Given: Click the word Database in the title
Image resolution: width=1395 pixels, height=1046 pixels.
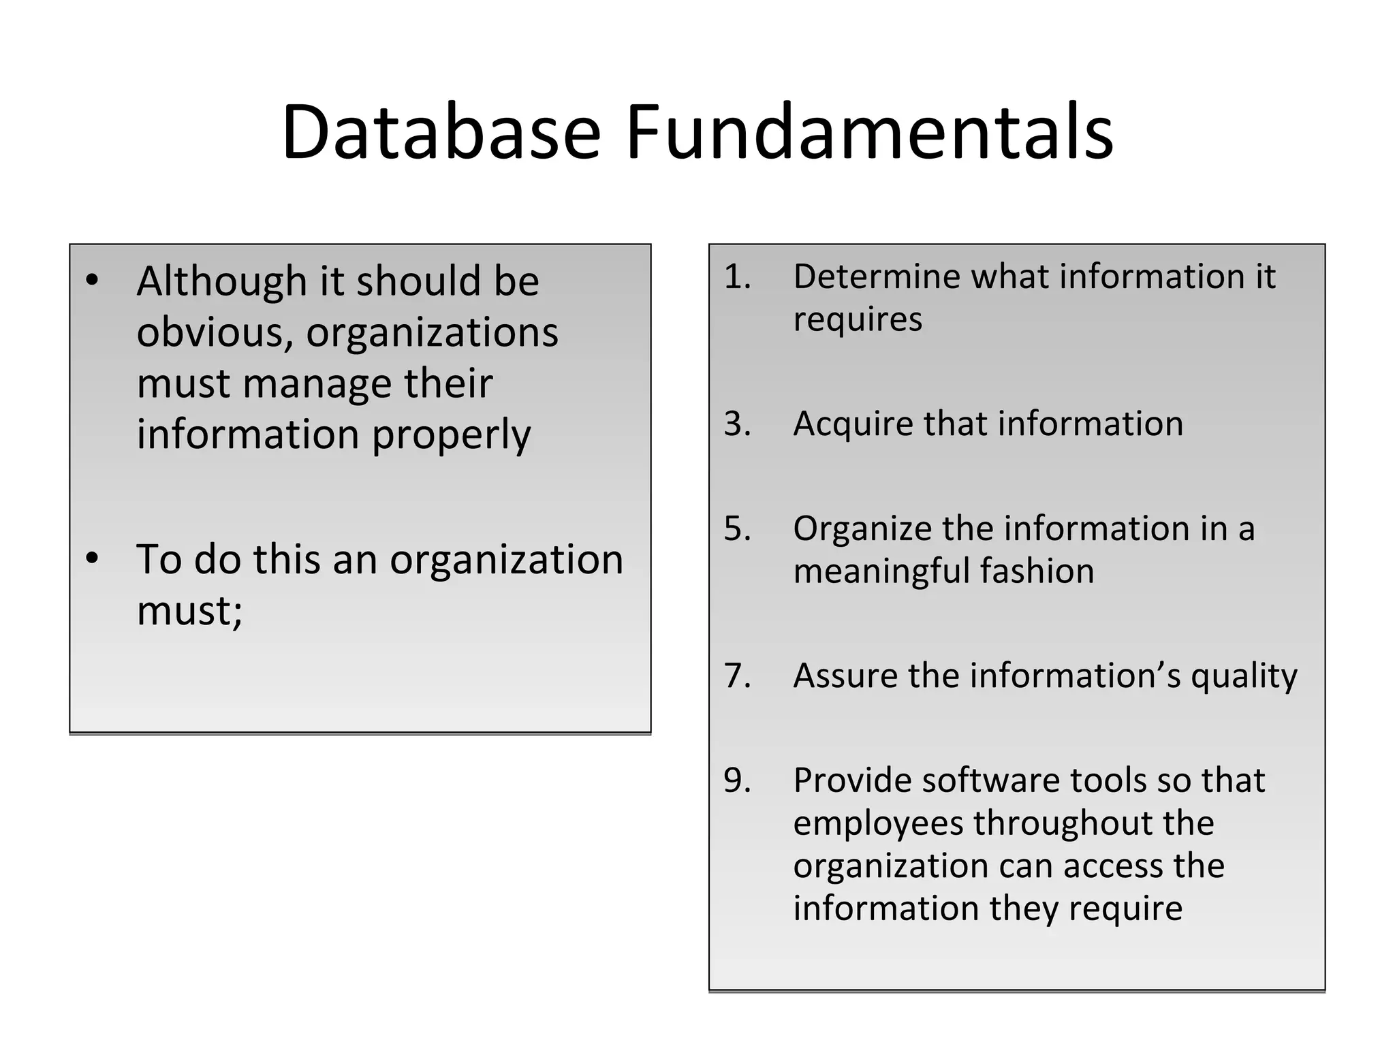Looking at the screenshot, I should (x=441, y=132).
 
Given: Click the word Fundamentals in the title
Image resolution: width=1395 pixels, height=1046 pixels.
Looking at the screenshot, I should (x=869, y=132).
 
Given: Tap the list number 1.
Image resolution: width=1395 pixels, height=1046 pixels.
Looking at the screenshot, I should (x=736, y=277).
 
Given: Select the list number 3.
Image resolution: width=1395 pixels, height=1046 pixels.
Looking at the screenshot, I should (x=737, y=424).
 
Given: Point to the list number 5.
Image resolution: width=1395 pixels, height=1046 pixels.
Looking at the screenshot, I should (x=737, y=529).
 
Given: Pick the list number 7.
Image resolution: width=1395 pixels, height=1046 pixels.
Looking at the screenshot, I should (x=737, y=676).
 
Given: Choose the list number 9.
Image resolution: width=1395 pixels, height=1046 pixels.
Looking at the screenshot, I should (x=737, y=781).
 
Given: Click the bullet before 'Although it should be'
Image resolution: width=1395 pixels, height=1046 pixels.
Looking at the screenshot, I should (x=93, y=281).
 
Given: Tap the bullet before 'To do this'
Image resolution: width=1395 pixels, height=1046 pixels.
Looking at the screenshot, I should (x=93, y=559).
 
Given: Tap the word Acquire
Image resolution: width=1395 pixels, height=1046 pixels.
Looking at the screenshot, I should (x=853, y=424).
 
